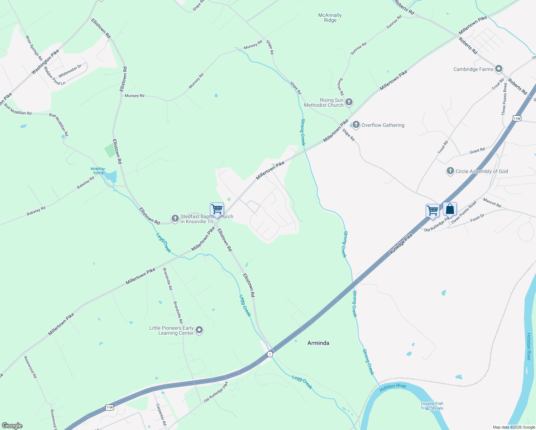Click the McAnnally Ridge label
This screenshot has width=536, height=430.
[x=330, y=18]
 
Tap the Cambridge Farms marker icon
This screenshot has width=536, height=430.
[x=499, y=69]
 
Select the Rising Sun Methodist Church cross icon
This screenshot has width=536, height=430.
[x=349, y=102]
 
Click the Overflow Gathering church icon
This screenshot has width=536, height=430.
[x=356, y=125]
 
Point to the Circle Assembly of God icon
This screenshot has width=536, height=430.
[x=450, y=171]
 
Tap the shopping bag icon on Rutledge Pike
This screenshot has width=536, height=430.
[x=450, y=210]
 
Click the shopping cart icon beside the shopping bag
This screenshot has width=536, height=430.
[x=432, y=211]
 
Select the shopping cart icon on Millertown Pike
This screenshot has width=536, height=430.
[x=217, y=209]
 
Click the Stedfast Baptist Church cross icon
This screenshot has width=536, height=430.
[x=175, y=219]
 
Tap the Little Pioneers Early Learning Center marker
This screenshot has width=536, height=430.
[x=200, y=330]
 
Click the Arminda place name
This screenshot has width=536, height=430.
[x=318, y=343]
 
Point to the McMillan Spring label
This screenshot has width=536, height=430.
[x=98, y=171]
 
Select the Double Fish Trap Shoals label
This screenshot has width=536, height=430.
[x=432, y=406]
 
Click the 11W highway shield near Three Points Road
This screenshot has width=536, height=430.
[x=516, y=118]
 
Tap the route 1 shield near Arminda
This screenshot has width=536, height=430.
[x=270, y=354]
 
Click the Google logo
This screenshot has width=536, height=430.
[x=12, y=425]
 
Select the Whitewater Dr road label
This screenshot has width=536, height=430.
[x=70, y=71]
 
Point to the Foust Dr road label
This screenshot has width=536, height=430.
[x=477, y=218]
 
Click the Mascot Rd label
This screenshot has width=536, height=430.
[x=492, y=202]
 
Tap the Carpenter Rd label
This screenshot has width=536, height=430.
[x=161, y=415]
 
